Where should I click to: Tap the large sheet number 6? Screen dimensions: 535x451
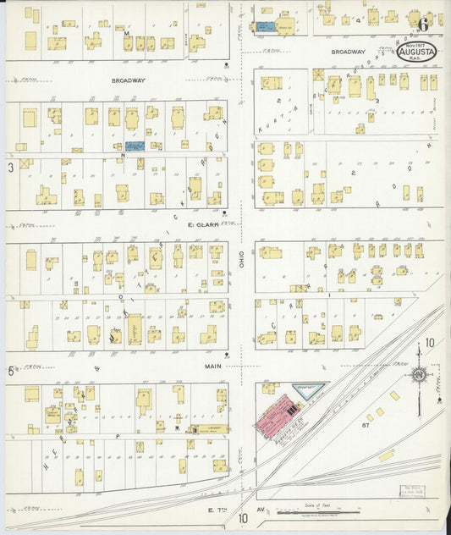[422, 23]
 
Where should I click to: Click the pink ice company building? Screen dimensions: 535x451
[278, 420]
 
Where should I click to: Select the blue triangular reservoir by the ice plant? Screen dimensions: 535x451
[307, 390]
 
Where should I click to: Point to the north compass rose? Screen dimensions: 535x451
[417, 373]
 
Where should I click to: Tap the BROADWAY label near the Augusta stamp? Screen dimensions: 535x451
[348, 52]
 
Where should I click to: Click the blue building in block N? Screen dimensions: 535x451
[135, 146]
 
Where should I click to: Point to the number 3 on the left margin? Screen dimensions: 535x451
[10, 168]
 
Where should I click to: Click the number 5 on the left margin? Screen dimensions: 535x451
[10, 371]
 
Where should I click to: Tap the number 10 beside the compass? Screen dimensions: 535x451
[430, 343]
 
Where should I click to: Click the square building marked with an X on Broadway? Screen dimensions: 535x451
[319, 74]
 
